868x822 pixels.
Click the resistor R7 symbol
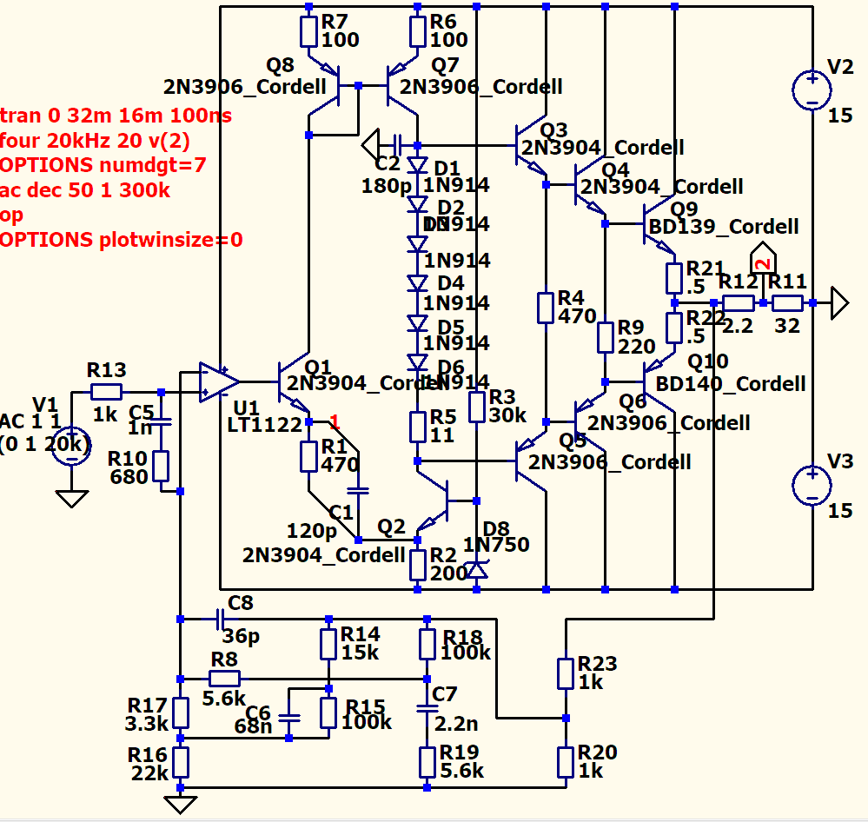[309, 31]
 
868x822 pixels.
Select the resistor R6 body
[418, 31]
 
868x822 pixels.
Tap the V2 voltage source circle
[812, 89]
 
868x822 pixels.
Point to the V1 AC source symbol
[71, 446]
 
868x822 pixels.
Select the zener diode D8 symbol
[476, 569]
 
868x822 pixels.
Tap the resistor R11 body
[788, 302]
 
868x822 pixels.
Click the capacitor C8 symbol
[219, 619]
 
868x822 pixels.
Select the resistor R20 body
[566, 761]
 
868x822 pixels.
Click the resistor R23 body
[566, 673]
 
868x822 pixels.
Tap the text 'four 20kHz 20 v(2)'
[96, 140]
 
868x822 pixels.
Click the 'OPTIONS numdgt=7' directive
[103, 164]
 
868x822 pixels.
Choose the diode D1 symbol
[418, 165]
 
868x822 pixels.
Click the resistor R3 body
[476, 406]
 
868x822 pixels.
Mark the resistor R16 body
[180, 761]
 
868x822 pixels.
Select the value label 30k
[507, 415]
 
